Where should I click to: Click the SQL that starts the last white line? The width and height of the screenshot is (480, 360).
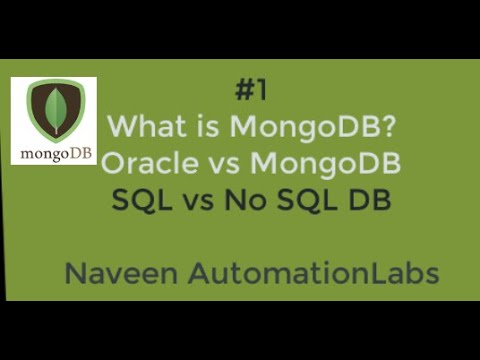[x=138, y=199]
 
